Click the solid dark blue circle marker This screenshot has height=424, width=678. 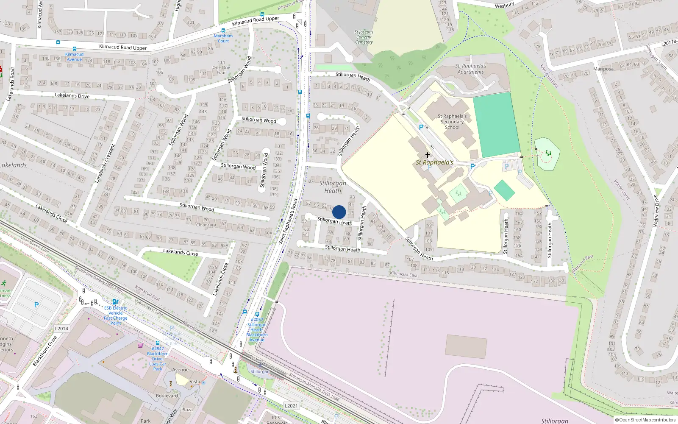click(x=339, y=212)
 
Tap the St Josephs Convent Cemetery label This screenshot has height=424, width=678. click(x=364, y=37)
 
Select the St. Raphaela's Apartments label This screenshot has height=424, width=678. click(x=470, y=69)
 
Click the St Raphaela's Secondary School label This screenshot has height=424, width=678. click(x=452, y=122)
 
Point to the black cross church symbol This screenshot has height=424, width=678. click(x=427, y=155)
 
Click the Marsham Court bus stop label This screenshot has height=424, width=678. click(x=223, y=39)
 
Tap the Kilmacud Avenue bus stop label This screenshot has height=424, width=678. click(x=74, y=57)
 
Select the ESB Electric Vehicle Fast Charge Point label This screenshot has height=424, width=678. click(x=116, y=315)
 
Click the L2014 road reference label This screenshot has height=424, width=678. click(x=61, y=329)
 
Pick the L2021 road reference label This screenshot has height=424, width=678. click(x=291, y=406)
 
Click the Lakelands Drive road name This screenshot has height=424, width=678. click(x=72, y=95)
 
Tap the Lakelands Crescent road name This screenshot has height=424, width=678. click(x=105, y=163)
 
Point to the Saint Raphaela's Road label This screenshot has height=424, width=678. click(x=288, y=221)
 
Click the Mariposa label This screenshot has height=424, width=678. click(x=603, y=69)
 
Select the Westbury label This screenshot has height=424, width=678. click(x=504, y=6)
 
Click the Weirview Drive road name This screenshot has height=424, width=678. click(x=656, y=211)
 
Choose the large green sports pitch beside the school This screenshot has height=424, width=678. click(x=496, y=124)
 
